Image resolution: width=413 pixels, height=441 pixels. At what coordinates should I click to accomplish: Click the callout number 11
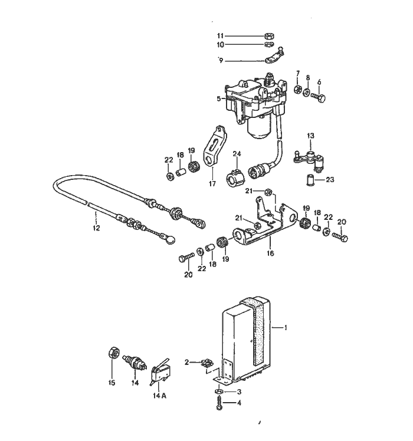pyautogui.click(x=220, y=36)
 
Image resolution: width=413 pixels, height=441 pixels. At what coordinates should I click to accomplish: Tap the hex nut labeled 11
pyautogui.click(x=270, y=36)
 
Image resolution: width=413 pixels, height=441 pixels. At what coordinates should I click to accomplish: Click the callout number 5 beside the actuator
pyautogui.click(x=219, y=98)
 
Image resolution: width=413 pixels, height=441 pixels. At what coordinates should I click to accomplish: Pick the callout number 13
pyautogui.click(x=310, y=136)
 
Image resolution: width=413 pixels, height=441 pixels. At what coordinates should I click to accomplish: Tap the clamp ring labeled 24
pyautogui.click(x=235, y=177)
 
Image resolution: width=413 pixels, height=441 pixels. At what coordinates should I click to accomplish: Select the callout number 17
pyautogui.click(x=212, y=184)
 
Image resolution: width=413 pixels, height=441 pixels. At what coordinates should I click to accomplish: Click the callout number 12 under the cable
pyautogui.click(x=96, y=228)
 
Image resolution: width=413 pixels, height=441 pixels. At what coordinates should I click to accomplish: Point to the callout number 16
pyautogui.click(x=270, y=254)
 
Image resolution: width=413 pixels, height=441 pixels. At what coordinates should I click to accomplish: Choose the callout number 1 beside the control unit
pyautogui.click(x=286, y=328)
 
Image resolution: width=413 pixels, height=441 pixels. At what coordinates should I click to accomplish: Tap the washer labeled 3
pyautogui.click(x=219, y=391)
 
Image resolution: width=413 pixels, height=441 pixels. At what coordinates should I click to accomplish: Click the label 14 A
pyautogui.click(x=159, y=396)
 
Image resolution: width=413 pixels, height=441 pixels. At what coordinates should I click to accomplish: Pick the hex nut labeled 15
pyautogui.click(x=114, y=353)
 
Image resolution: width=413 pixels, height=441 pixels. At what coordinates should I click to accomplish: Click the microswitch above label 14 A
pyautogui.click(x=160, y=371)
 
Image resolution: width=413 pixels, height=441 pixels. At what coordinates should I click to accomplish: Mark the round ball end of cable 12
pyautogui.click(x=171, y=239)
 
